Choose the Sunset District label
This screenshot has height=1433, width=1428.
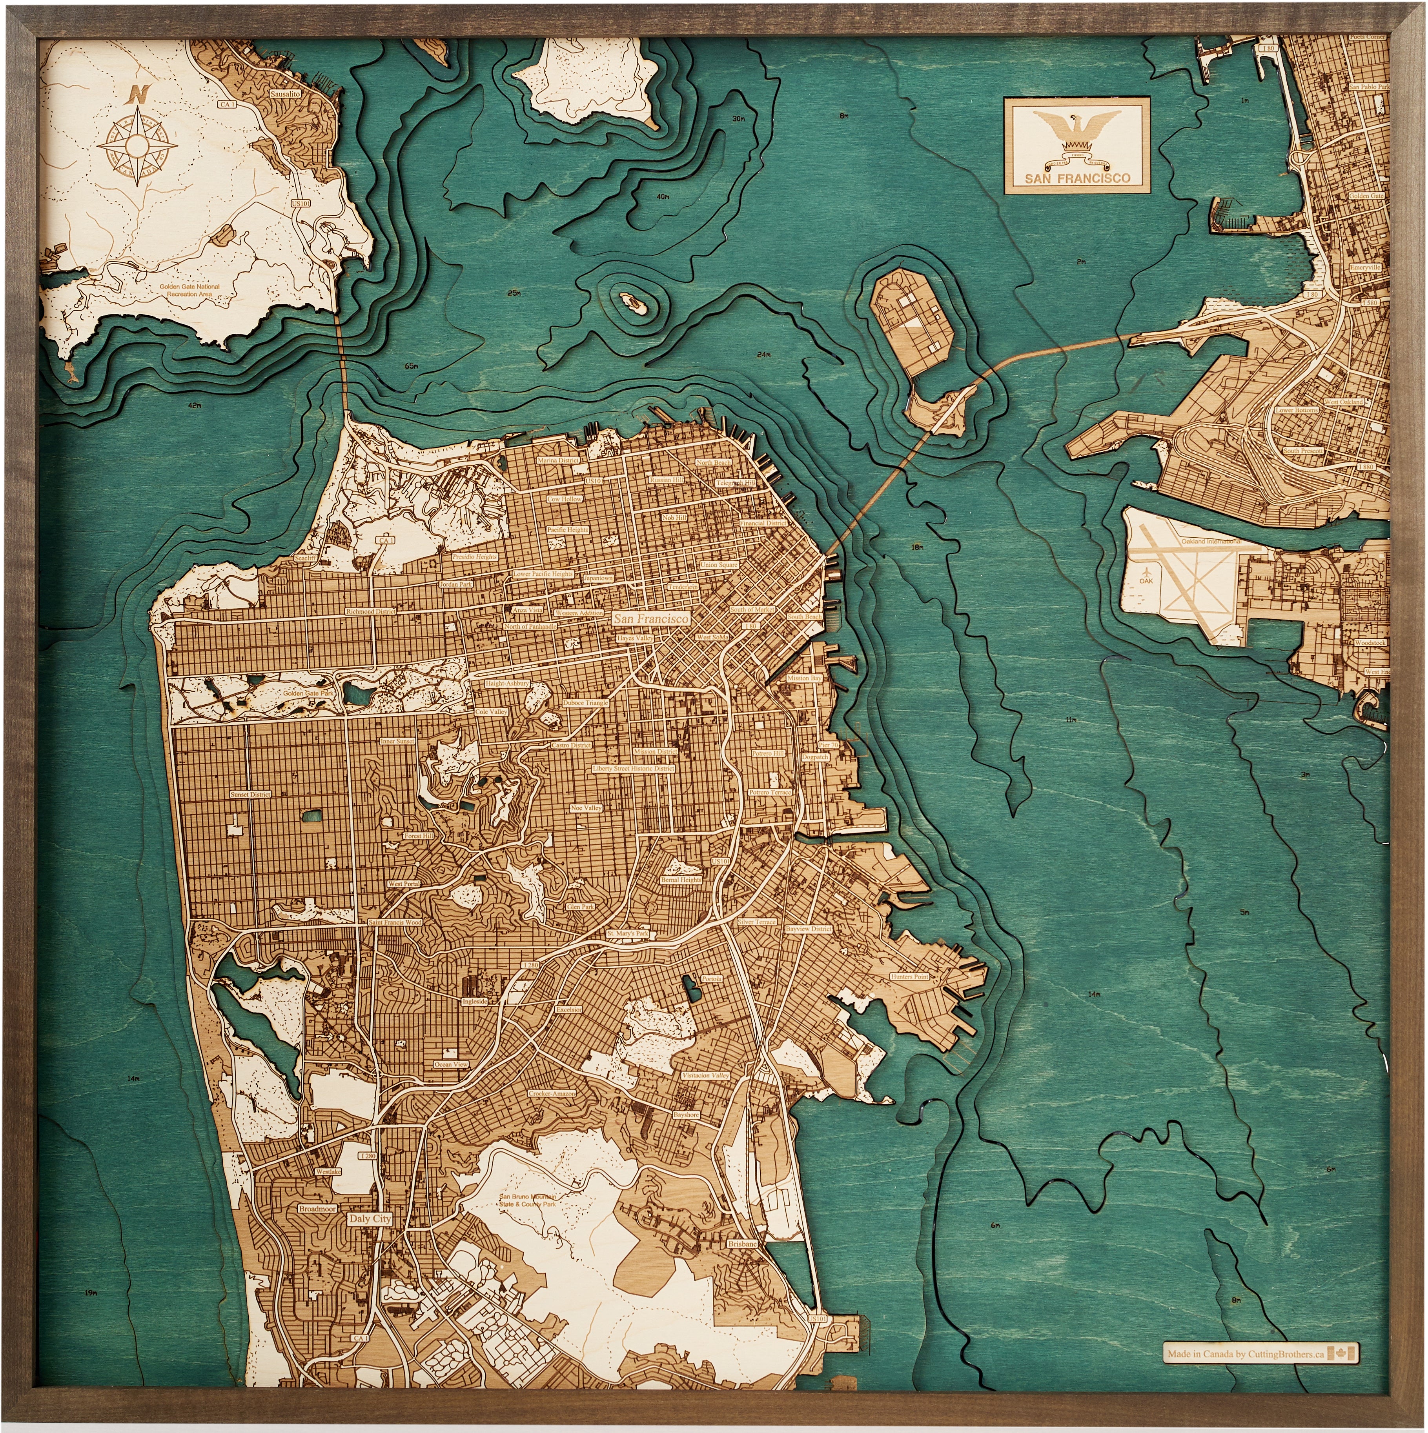(x=251, y=794)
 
